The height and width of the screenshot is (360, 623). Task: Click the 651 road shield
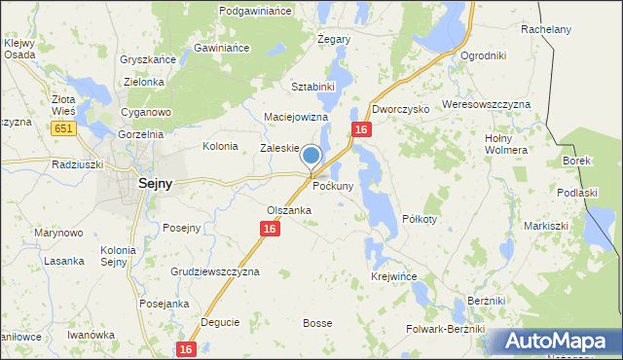click(64, 128)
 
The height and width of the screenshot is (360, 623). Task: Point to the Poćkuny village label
click(333, 185)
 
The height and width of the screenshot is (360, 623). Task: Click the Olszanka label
click(289, 210)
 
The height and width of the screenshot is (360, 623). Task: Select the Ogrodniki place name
click(484, 56)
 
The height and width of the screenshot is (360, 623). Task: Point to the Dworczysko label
click(400, 110)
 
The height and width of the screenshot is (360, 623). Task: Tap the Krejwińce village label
click(394, 277)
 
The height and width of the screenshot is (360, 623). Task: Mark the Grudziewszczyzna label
click(215, 271)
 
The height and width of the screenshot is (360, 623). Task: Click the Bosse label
click(318, 323)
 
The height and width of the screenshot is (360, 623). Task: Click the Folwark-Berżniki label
click(445, 329)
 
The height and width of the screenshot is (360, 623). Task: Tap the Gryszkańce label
click(148, 59)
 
